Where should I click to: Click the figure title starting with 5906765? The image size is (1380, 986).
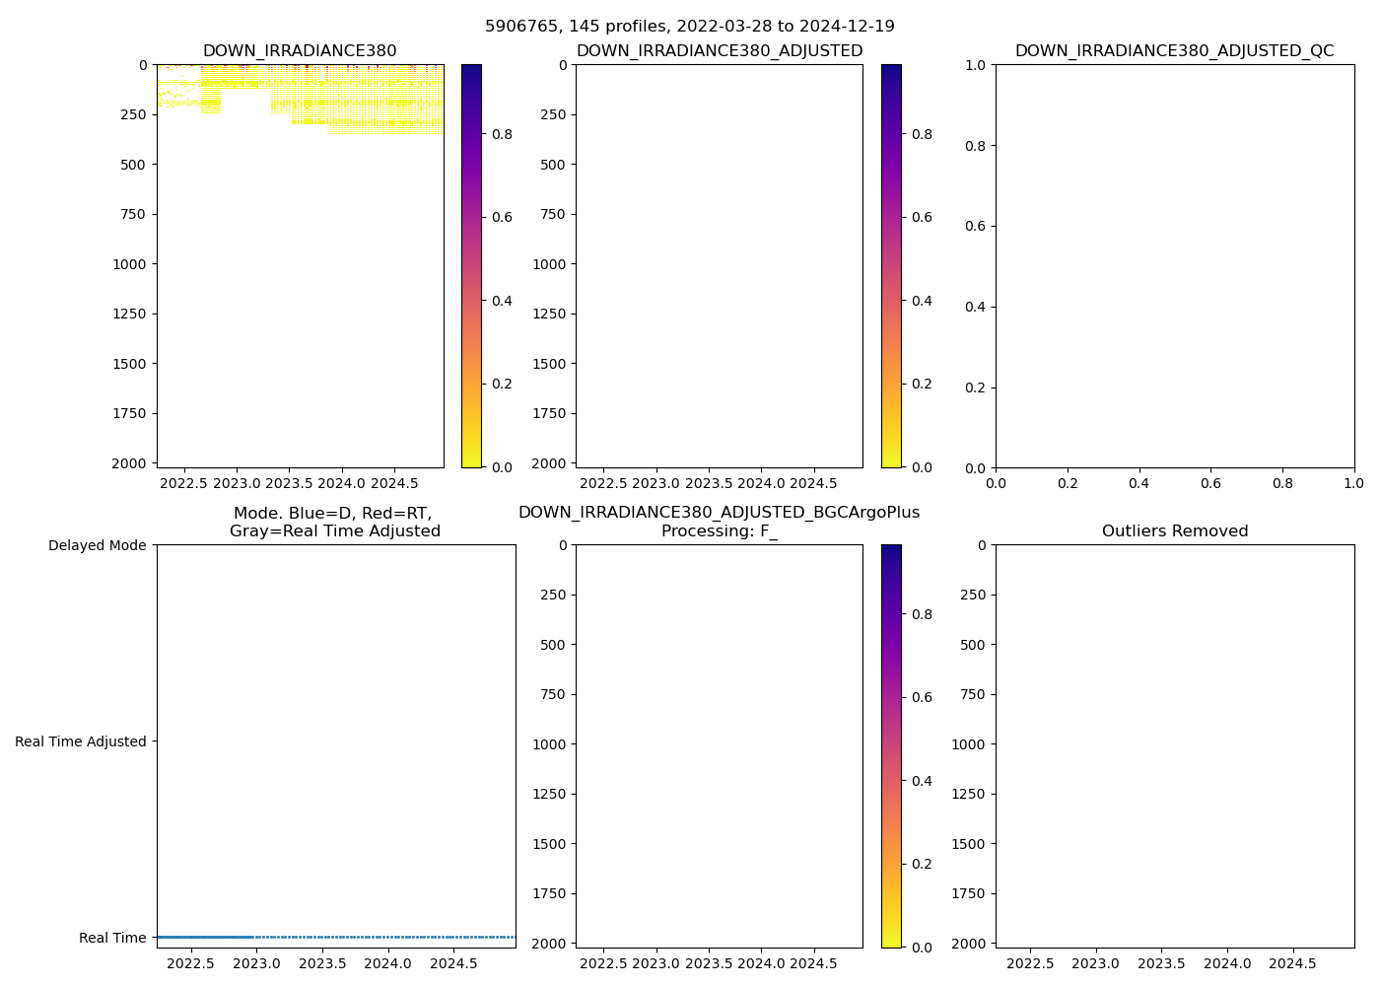click(689, 27)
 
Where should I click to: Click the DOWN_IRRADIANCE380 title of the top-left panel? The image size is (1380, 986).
click(300, 51)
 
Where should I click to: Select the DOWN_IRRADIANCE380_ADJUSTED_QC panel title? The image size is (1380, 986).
click(1174, 51)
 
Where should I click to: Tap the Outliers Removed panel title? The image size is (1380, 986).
click(1174, 531)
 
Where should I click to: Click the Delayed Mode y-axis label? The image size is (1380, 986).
click(97, 546)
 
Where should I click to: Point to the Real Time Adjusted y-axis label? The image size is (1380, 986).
click(80, 741)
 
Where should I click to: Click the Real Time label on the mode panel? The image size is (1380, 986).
click(112, 938)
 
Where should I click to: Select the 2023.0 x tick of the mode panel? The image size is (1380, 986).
click(257, 963)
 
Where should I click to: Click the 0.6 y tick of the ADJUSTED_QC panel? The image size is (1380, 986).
click(976, 227)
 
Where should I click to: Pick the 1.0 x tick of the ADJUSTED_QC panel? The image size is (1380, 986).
click(1353, 484)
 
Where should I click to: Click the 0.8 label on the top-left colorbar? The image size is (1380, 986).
click(502, 134)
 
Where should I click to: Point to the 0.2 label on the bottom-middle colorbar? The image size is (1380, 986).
click(921, 864)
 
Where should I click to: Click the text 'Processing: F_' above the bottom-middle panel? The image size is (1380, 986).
click(719, 531)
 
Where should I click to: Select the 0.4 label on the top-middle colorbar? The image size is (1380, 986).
click(921, 301)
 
